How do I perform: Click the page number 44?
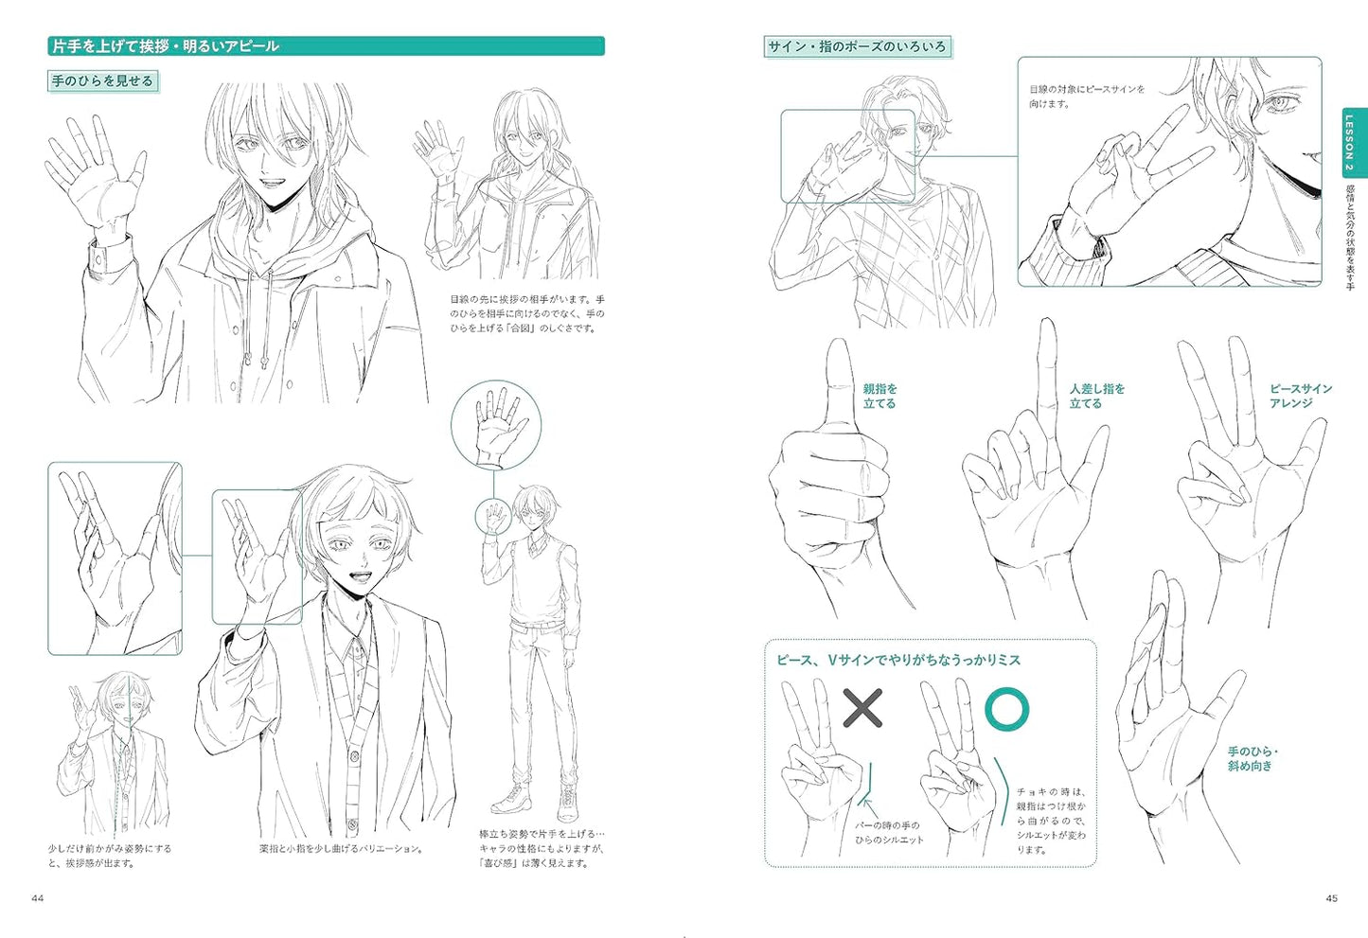pos(38,898)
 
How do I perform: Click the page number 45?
pos(1332,898)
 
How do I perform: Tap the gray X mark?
pos(862,708)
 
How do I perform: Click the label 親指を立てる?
pos(880,396)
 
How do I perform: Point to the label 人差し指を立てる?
pos(1097,396)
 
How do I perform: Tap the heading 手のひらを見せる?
pos(102,81)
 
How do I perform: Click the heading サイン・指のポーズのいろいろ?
pos(857,46)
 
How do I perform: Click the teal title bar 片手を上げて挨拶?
pos(326,45)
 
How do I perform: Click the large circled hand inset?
pos(496,425)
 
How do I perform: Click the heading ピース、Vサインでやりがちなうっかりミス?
pos(898,660)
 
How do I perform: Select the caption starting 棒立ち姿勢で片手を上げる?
pos(542,848)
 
